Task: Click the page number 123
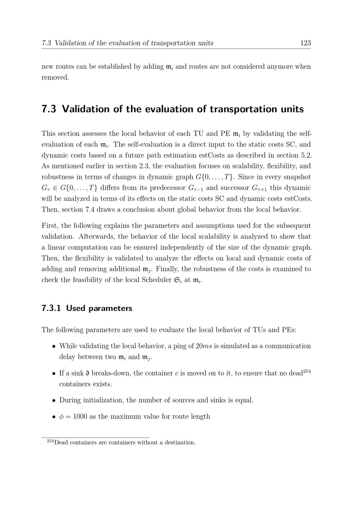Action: click(305, 43)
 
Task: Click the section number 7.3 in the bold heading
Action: click(49, 109)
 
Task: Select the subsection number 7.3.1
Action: click(51, 308)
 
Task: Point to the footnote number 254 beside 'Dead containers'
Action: click(50, 441)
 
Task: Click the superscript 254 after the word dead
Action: click(307, 371)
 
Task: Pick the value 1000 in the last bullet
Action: click(80, 416)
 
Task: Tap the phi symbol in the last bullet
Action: click(61, 417)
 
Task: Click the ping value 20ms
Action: click(204, 346)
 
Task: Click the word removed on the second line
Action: click(55, 77)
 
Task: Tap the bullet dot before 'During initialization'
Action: click(54, 400)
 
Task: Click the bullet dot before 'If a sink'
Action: click(54, 373)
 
